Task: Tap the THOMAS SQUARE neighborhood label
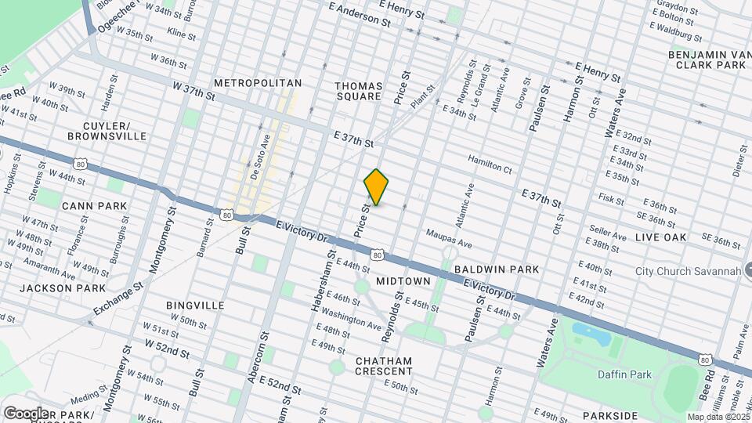pyautogui.click(x=358, y=91)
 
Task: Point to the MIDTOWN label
pyautogui.click(x=403, y=280)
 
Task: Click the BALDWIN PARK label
pyautogui.click(x=497, y=269)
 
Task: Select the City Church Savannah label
pyautogui.click(x=689, y=271)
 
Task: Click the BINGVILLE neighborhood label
pyautogui.click(x=195, y=305)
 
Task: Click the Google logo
pyautogui.click(x=25, y=413)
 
